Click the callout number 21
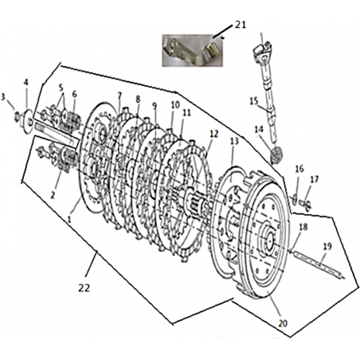[241, 25]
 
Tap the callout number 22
[84, 288]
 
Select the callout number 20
[283, 323]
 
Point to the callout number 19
[327, 247]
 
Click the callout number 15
[254, 101]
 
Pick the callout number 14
[259, 129]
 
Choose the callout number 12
[214, 134]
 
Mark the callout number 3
[3, 97]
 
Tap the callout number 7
[119, 96]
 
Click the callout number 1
[69, 219]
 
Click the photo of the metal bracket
[193, 50]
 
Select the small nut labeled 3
[17, 116]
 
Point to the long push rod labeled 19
[318, 265]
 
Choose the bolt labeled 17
[306, 204]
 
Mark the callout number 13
[234, 142]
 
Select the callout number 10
[175, 105]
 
